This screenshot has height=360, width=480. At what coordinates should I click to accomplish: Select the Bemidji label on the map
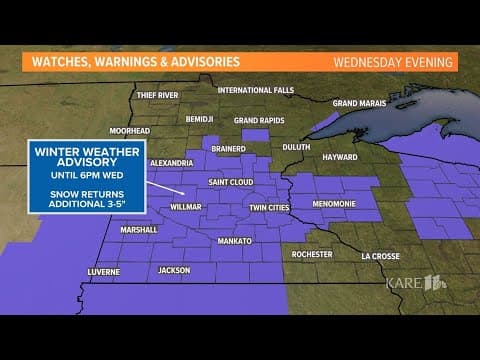click(200, 118)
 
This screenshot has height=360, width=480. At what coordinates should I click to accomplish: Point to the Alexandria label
click(170, 162)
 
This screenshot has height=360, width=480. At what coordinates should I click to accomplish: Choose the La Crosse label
click(380, 256)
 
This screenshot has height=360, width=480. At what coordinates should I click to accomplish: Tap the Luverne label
click(103, 271)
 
